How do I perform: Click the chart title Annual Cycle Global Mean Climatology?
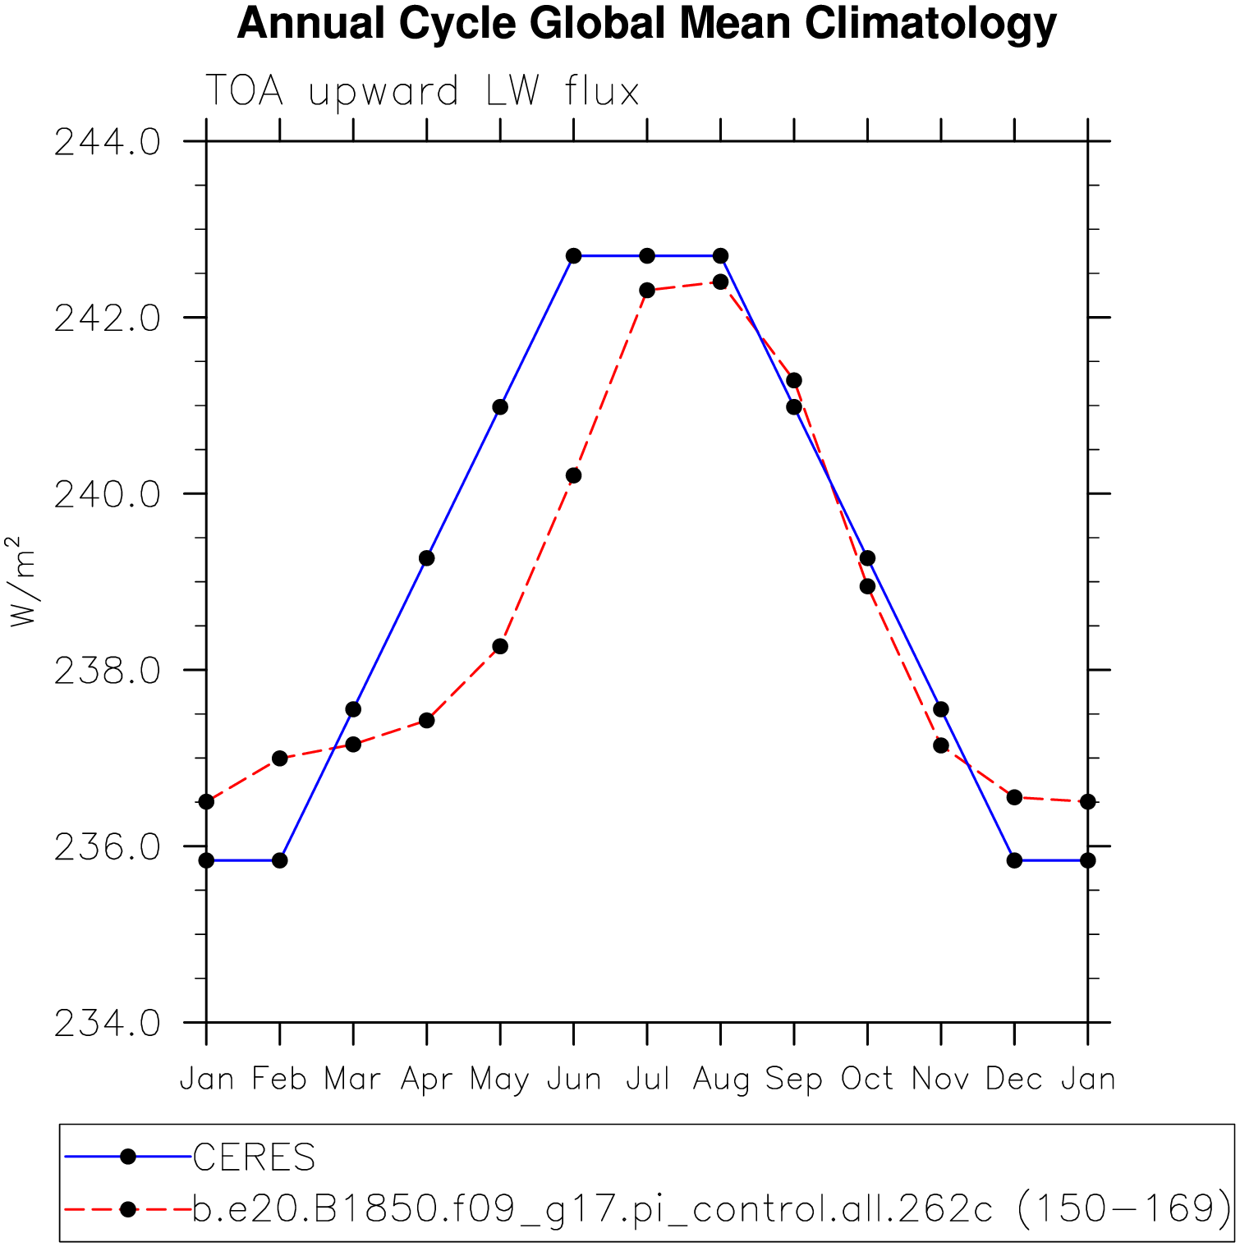(x=646, y=24)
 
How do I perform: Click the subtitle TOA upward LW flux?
(x=421, y=90)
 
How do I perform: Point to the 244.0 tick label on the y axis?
(x=107, y=142)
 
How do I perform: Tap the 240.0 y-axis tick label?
(x=107, y=494)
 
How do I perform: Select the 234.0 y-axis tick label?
(x=107, y=1023)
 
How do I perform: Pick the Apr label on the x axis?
(x=426, y=1079)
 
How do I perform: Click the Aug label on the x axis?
(x=720, y=1079)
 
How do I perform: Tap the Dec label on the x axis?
(x=1014, y=1079)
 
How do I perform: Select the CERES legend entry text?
(x=254, y=1158)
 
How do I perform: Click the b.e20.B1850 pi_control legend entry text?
(x=711, y=1208)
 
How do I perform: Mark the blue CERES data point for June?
(x=574, y=256)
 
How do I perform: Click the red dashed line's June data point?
(x=574, y=475)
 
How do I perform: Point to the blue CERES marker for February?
(x=280, y=860)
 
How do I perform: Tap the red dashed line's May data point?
(x=500, y=646)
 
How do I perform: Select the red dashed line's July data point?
(x=647, y=290)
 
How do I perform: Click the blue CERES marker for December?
(x=1014, y=860)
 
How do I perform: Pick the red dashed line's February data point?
(x=280, y=758)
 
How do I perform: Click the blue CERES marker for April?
(x=426, y=558)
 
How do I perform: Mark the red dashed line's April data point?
(x=426, y=720)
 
